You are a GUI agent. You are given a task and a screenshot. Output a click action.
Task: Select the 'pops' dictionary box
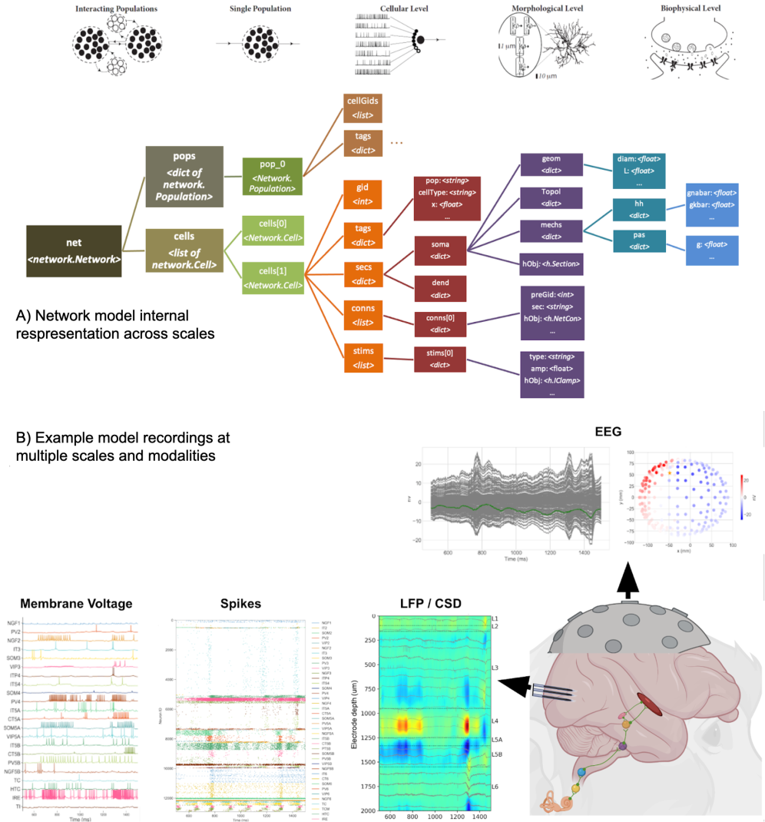[184, 177]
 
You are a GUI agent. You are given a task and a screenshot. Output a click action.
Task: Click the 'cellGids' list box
[359, 107]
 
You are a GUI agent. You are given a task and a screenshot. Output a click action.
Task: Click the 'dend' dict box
[441, 288]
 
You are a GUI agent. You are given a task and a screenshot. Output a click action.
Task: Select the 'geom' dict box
[551, 164]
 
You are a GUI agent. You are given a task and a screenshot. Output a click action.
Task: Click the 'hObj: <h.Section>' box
[551, 264]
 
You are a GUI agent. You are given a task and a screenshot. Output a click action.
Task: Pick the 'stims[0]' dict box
[441, 359]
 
